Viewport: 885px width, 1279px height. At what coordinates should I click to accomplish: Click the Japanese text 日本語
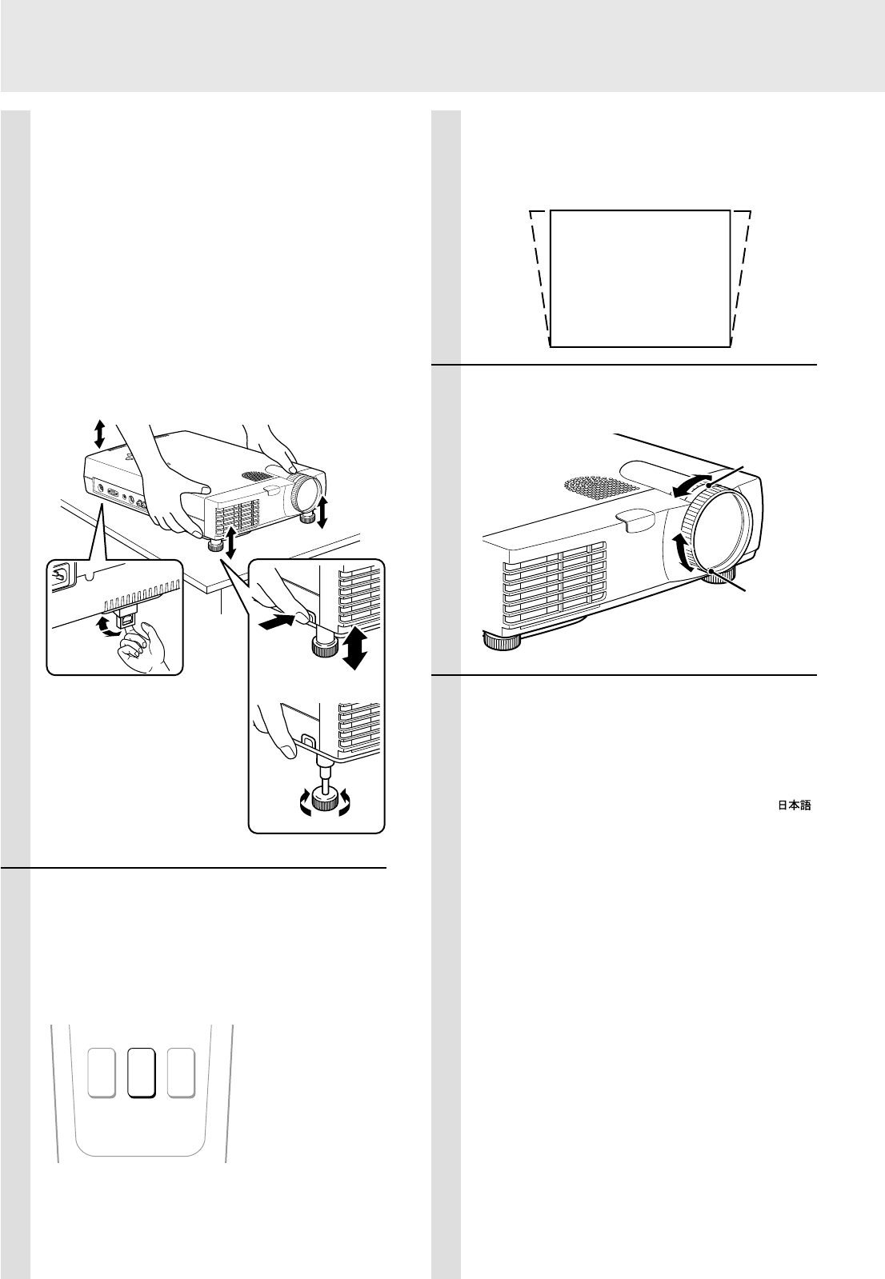point(793,807)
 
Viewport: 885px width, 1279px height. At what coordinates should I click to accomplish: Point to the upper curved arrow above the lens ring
point(692,485)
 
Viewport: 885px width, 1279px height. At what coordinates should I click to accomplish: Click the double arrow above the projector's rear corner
point(98,434)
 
